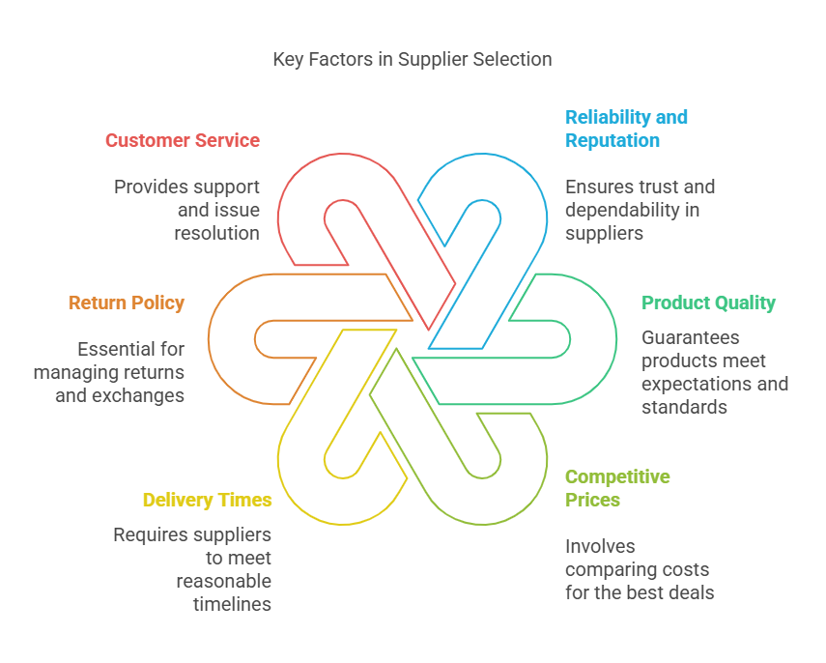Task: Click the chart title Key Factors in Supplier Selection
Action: tap(413, 60)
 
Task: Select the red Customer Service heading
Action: tap(183, 141)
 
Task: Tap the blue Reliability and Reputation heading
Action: tap(626, 129)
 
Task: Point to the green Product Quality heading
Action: tap(708, 303)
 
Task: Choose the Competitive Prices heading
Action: tap(617, 488)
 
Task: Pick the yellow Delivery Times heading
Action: tap(207, 500)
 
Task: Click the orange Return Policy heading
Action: tap(127, 303)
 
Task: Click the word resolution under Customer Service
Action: tap(217, 233)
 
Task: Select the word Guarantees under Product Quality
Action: tap(690, 338)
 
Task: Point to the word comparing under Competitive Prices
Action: tap(607, 570)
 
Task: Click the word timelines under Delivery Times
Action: tap(232, 604)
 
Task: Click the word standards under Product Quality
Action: tap(684, 408)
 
